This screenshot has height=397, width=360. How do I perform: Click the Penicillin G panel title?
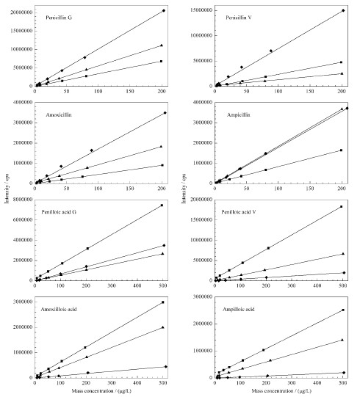click(x=59, y=18)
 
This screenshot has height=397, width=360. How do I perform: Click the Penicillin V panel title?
click(x=239, y=18)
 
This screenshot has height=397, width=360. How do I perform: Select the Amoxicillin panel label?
click(x=59, y=114)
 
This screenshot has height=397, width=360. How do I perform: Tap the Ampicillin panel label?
click(x=238, y=114)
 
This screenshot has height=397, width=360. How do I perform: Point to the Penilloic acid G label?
click(x=59, y=212)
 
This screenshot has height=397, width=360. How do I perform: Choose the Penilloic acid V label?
click(x=239, y=212)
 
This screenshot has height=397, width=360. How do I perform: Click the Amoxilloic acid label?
click(x=59, y=309)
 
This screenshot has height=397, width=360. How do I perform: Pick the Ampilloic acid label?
click(x=238, y=309)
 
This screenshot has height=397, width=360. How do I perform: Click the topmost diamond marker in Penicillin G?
click(x=164, y=10)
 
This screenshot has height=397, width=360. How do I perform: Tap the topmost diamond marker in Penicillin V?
click(x=343, y=10)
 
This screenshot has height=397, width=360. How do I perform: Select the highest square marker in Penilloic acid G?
click(x=162, y=205)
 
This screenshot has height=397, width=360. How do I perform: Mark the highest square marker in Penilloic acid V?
click(x=341, y=207)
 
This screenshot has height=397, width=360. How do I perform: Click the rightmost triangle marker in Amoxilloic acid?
click(x=163, y=327)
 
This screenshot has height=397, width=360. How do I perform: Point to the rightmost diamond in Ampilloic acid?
click(x=344, y=373)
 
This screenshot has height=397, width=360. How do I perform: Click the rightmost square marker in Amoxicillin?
click(x=162, y=165)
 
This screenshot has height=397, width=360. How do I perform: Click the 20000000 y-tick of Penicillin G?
click(x=21, y=12)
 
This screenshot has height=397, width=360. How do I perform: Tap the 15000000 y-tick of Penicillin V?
click(x=201, y=10)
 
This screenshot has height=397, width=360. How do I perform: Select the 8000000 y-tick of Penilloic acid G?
click(x=23, y=200)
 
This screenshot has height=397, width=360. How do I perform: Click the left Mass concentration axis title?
click(x=101, y=391)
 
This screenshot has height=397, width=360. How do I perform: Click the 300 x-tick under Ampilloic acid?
click(x=292, y=383)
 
